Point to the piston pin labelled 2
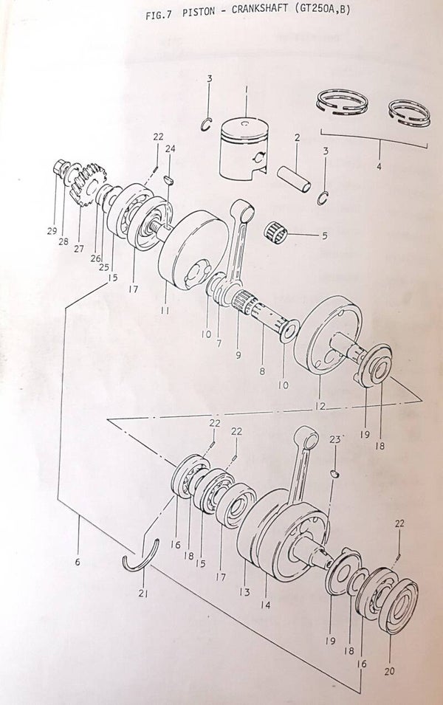click(x=294, y=179)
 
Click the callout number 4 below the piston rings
click(x=378, y=167)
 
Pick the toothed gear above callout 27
click(x=88, y=185)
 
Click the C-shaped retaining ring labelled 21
click(x=142, y=559)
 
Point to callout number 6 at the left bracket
click(x=78, y=562)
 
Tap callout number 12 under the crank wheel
click(x=318, y=405)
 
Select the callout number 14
click(x=265, y=605)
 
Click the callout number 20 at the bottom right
click(x=389, y=672)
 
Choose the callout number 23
click(x=335, y=439)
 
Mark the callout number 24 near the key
click(x=171, y=148)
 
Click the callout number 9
click(x=238, y=355)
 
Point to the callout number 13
click(x=244, y=592)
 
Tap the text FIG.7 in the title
click(x=157, y=15)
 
